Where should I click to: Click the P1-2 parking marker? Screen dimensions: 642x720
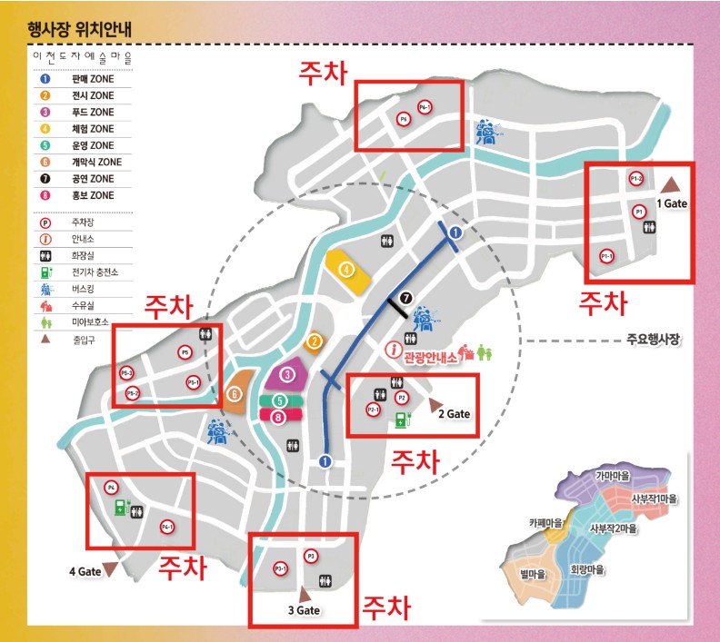pos(636,179)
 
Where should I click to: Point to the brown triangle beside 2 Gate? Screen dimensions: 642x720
pos(435,402)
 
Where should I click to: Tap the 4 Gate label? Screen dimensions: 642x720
pos(84,572)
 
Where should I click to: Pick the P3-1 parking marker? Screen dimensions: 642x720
pos(281,568)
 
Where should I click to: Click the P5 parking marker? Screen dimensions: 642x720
pos(185,351)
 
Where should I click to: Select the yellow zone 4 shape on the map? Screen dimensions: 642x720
pos(347,271)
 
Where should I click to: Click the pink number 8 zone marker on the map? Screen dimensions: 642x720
pos(279,416)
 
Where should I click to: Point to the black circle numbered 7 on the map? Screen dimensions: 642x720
pos(406,297)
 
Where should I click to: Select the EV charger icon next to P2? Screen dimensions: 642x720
pos(401,419)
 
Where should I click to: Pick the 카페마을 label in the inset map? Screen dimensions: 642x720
pos(545,523)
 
